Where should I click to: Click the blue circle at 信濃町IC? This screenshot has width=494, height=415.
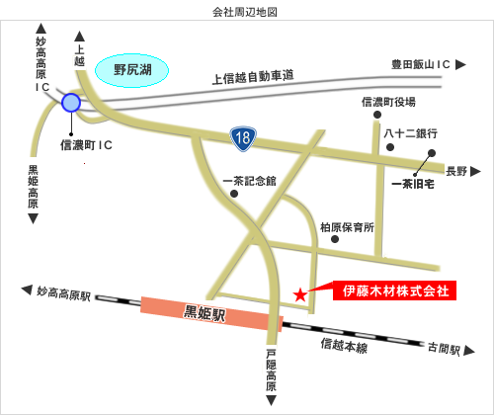[x=71, y=102]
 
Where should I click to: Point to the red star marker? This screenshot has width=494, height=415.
[x=300, y=294]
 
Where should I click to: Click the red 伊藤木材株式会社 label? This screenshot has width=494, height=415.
[x=394, y=291]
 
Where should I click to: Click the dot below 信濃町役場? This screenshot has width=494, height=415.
[x=376, y=116]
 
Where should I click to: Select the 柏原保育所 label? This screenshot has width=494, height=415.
[x=347, y=227]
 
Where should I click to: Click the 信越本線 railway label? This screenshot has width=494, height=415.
[x=344, y=347]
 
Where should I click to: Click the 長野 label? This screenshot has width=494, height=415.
[x=456, y=170]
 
